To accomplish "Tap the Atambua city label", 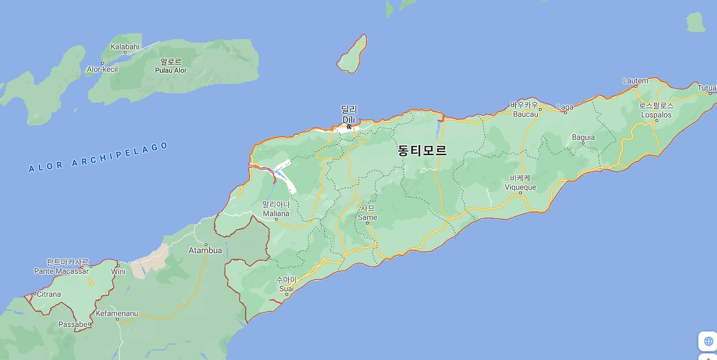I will (x=206, y=250).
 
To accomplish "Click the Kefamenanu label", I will (x=117, y=314).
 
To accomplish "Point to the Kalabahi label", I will (x=125, y=46).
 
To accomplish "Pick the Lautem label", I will (x=635, y=81).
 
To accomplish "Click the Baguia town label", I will (x=583, y=137).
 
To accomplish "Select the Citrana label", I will (x=49, y=294).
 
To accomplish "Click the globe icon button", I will (x=709, y=341).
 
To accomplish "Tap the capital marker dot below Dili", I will (x=349, y=127).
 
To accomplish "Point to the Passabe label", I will (x=73, y=324).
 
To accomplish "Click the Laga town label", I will (x=565, y=107).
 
